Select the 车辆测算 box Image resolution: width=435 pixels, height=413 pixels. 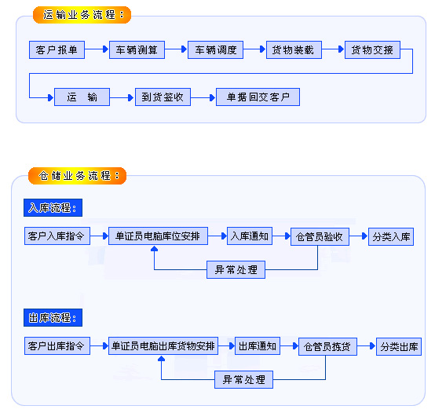[x=137, y=50]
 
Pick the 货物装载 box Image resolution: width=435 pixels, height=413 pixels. [x=293, y=50]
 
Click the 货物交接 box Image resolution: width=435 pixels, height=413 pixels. [x=372, y=50]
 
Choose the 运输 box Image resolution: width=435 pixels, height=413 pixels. [x=82, y=97]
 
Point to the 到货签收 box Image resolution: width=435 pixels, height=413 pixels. [x=163, y=97]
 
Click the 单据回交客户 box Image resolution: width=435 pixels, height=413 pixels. [x=258, y=97]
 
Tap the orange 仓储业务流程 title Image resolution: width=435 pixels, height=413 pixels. [x=79, y=174]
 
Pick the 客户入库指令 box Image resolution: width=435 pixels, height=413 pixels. [x=57, y=236]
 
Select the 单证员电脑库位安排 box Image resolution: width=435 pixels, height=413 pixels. [x=157, y=236]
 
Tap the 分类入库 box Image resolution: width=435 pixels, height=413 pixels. [x=390, y=236]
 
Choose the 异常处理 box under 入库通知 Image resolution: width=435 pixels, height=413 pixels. [x=236, y=270]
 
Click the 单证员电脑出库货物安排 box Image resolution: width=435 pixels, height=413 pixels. [x=163, y=346]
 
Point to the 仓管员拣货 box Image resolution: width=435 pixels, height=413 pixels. [x=326, y=346]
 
